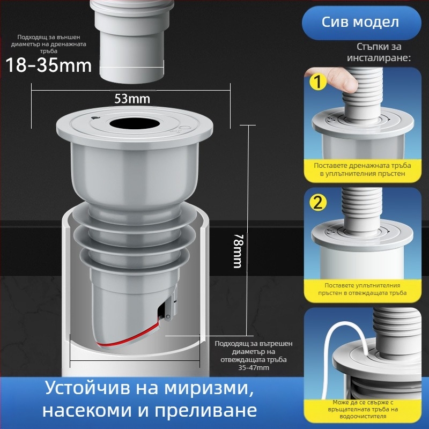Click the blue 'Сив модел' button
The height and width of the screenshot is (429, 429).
[x=360, y=22]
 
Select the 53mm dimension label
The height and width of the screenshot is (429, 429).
[x=132, y=99]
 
